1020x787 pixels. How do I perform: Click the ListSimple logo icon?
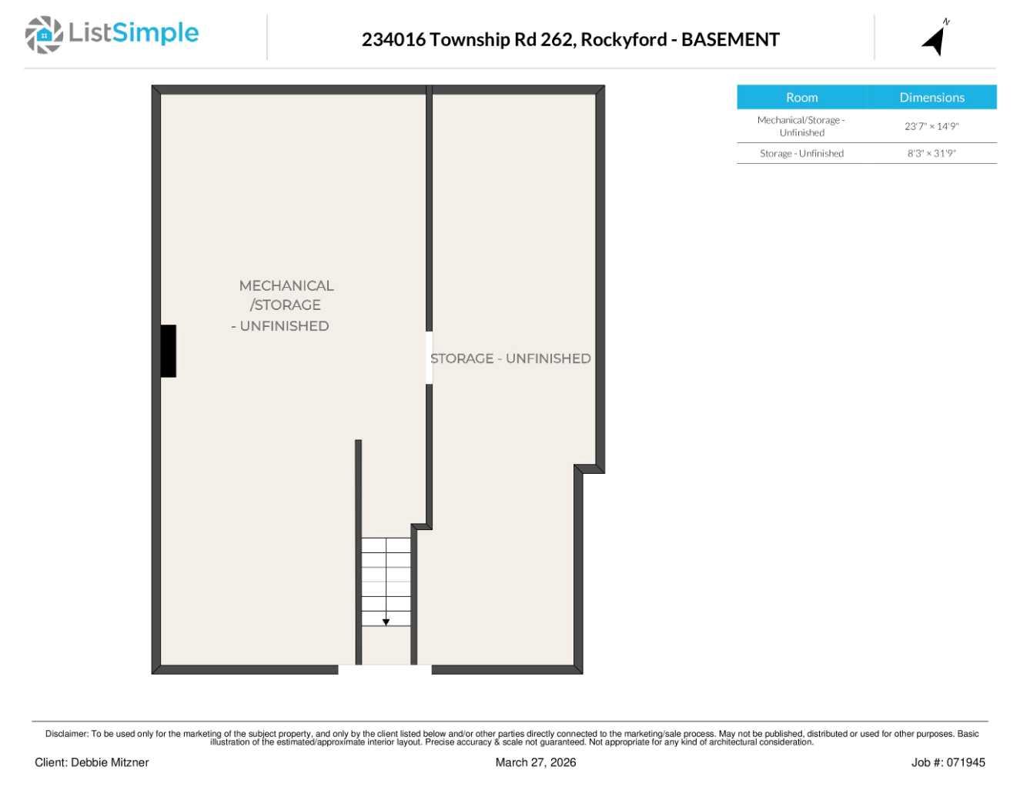click(x=44, y=35)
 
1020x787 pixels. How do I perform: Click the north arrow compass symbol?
click(x=935, y=39)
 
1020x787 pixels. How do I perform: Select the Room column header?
click(x=801, y=98)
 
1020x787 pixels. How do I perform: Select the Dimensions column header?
click(x=931, y=98)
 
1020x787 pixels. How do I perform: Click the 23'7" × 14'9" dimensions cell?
click(x=931, y=126)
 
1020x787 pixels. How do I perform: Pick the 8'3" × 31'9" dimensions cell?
click(x=931, y=153)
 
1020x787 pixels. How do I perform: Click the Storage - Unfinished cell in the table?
click(x=801, y=153)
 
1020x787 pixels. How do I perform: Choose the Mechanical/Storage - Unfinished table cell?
click(x=801, y=126)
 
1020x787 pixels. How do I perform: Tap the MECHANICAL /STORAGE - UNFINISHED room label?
click(x=283, y=305)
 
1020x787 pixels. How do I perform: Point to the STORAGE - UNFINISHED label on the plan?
click(x=510, y=358)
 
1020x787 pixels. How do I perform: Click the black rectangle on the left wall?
click(x=168, y=351)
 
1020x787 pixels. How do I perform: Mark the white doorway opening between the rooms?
click(x=429, y=358)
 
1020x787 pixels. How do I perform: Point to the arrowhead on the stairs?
click(x=386, y=622)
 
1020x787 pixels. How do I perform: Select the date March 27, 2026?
click(x=535, y=762)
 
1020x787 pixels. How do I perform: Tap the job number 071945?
click(x=965, y=762)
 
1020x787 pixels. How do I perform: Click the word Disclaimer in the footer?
click(x=66, y=734)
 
